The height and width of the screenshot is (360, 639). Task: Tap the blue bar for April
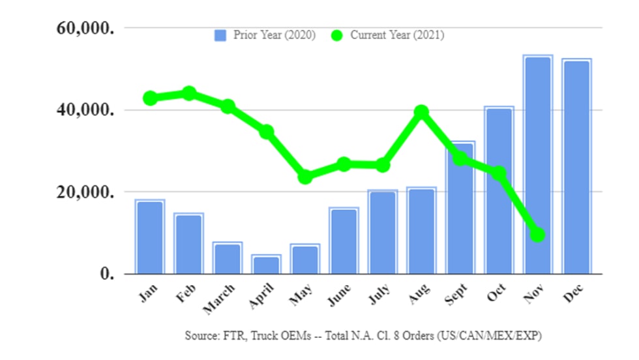(x=266, y=265)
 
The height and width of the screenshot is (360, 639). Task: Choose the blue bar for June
(x=344, y=241)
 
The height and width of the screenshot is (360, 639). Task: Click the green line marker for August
(x=421, y=112)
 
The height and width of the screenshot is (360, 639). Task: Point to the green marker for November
(x=537, y=234)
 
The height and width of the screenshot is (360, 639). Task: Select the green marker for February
(x=189, y=93)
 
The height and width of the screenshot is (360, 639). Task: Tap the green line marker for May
(x=305, y=177)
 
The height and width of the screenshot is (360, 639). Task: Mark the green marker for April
(x=266, y=132)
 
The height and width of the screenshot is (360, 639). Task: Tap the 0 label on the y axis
(x=108, y=274)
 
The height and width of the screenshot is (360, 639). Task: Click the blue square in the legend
(x=220, y=36)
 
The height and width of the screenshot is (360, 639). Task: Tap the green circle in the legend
(x=337, y=36)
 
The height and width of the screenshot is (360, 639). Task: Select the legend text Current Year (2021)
(x=397, y=35)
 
